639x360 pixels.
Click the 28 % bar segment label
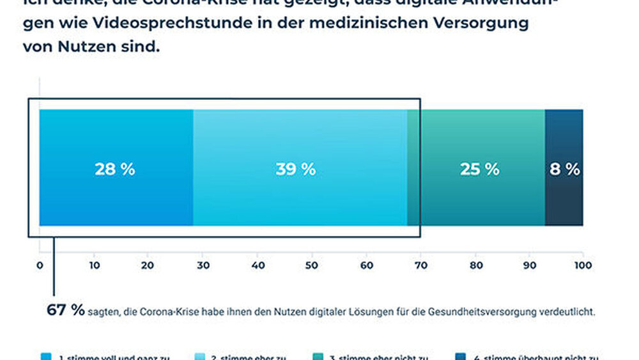pos(115,169)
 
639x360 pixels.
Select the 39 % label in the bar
pos(296,169)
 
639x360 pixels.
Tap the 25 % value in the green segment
pos(479,169)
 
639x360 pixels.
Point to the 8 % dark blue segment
pos(564,169)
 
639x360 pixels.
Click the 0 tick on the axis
pos(40,265)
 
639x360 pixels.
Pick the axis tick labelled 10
pos(94,265)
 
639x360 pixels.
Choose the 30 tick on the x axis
pos(203,265)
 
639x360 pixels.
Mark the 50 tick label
pos(311,265)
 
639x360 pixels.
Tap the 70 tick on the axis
pos(420,265)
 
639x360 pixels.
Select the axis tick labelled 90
pos(529,265)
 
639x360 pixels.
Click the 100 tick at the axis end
pos(582,265)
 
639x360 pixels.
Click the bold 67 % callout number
pos(65,310)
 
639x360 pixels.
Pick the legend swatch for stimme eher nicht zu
pos(317,357)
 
